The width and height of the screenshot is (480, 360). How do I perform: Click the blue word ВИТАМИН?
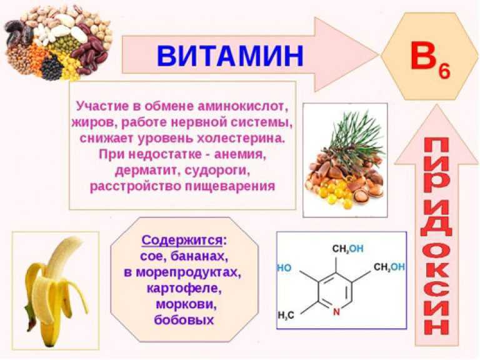point(230,56)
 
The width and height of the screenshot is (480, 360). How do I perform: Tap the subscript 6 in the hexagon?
point(444,72)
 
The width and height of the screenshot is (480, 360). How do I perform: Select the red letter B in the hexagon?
point(422,56)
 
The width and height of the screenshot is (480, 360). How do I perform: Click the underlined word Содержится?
point(182,240)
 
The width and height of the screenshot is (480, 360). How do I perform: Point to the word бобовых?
point(184,320)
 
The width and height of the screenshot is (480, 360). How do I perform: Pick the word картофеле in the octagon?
point(184,287)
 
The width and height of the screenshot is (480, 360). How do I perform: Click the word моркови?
point(186,304)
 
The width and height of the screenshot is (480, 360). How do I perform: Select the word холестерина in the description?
point(241,138)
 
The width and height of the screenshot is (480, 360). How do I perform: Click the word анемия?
point(239,154)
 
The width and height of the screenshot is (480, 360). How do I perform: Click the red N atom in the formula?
point(336,312)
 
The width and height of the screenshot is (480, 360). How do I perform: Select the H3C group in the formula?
point(286,315)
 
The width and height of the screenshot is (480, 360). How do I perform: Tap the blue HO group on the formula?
point(284,268)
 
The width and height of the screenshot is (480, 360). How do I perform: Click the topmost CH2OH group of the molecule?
point(347,249)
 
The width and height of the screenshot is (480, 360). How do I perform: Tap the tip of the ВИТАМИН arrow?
point(378,55)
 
